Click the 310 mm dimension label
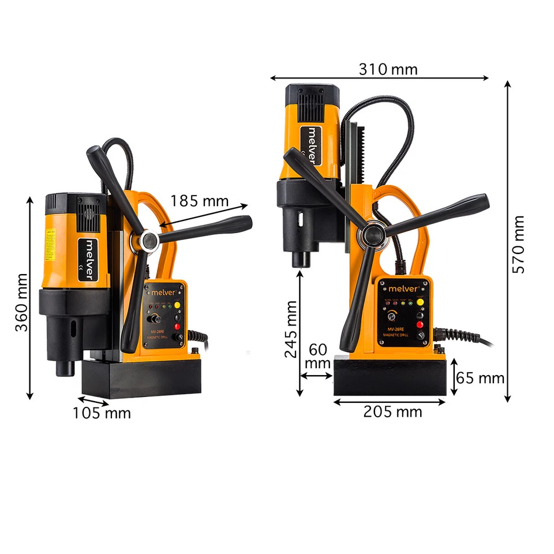pos(388,69)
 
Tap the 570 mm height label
pos(519,244)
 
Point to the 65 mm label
pos(480,379)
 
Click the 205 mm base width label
pos(392,411)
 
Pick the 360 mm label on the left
pos(21,302)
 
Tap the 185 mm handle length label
pos(200,201)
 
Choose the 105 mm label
pos(102,413)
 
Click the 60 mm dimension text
pos(317,357)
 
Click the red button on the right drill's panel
pos(420,324)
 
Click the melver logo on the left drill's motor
pos(90,258)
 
